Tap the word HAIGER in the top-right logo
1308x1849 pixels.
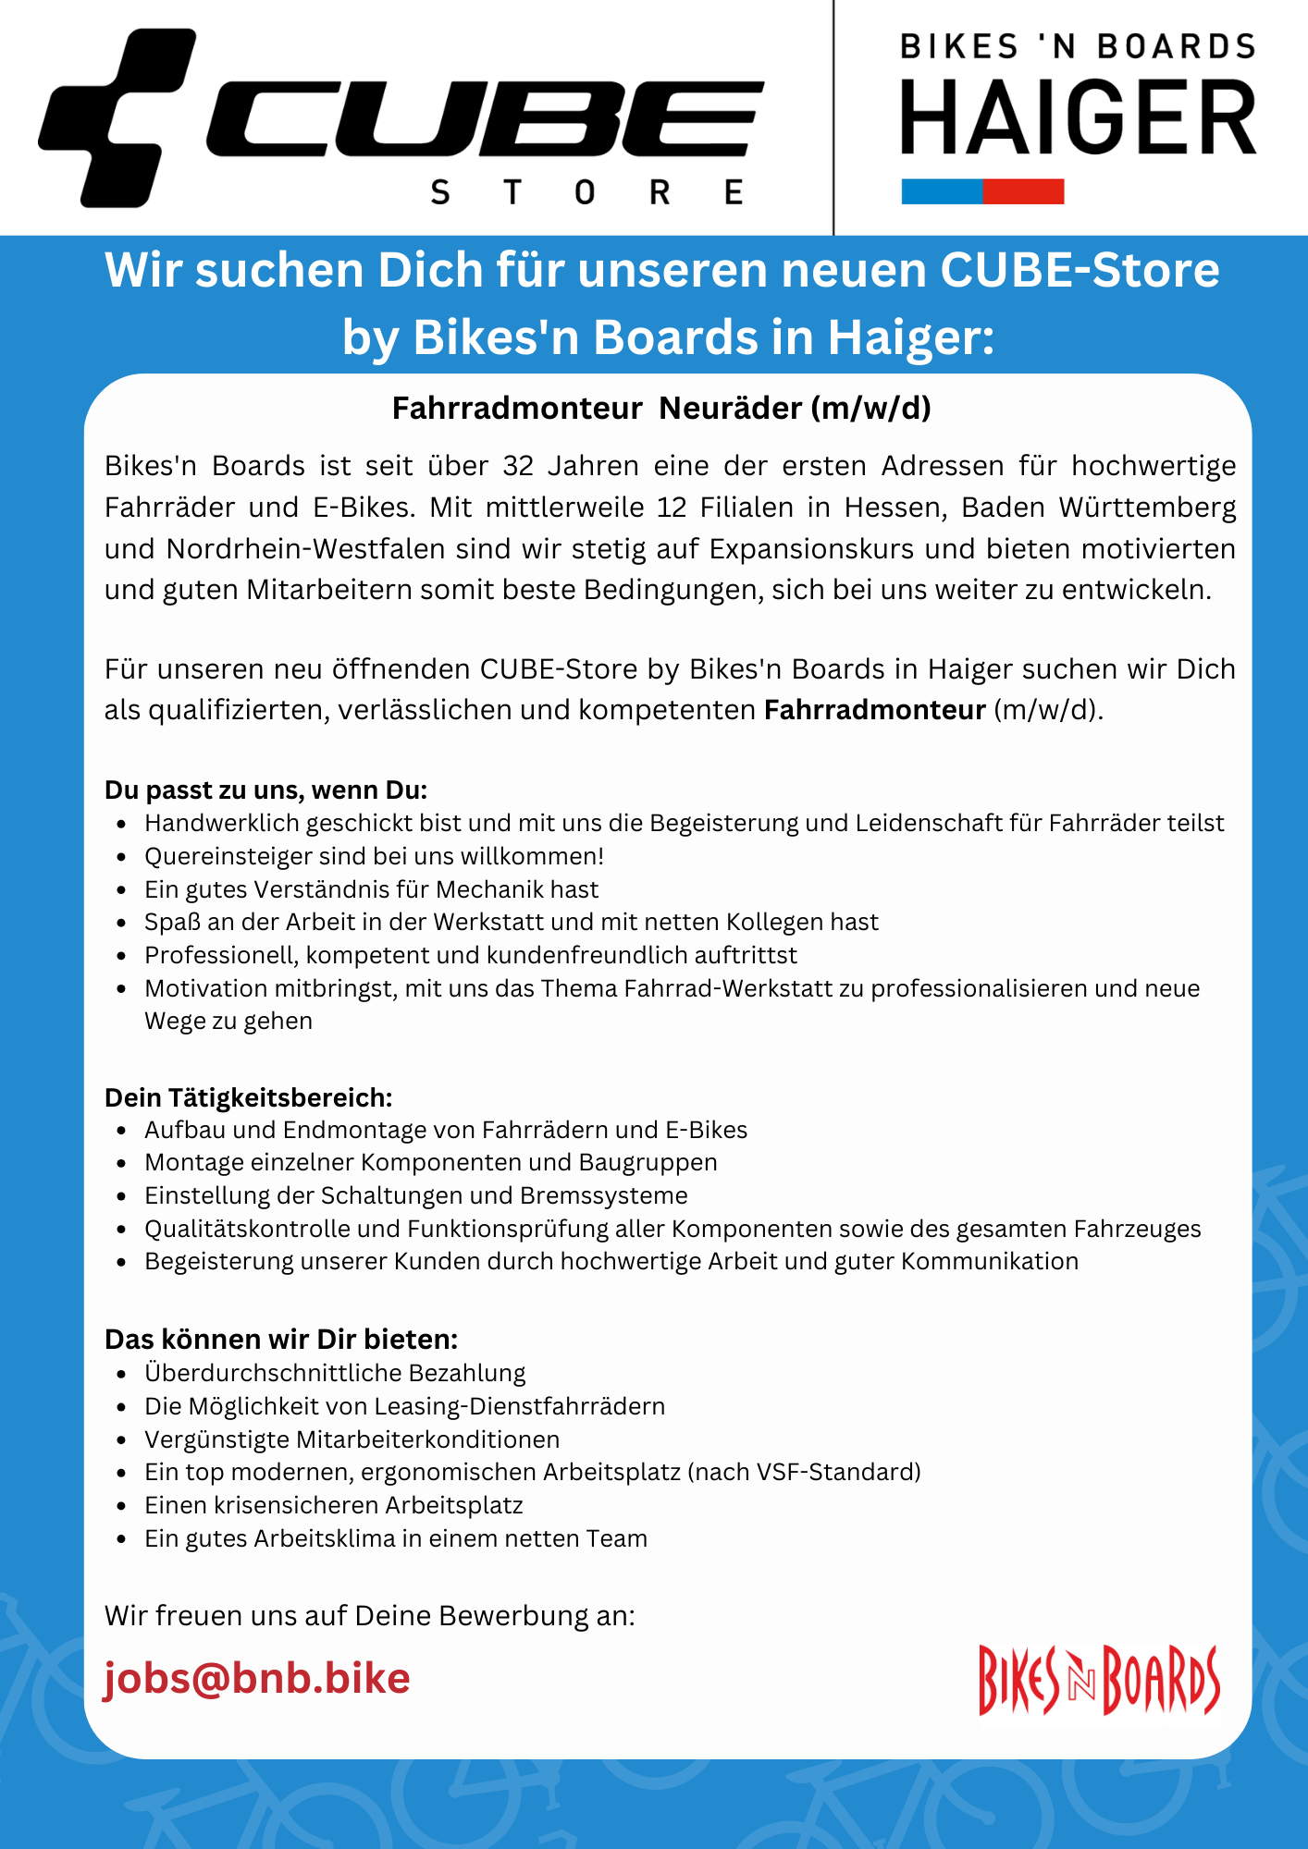click(1079, 118)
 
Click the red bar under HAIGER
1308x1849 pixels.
click(1023, 191)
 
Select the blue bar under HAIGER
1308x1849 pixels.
click(942, 191)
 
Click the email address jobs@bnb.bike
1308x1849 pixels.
click(256, 1678)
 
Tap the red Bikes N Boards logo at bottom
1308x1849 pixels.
click(1099, 1680)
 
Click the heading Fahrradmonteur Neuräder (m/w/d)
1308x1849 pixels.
click(661, 408)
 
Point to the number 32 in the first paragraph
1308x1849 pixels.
click(518, 465)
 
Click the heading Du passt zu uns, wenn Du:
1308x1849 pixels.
click(265, 790)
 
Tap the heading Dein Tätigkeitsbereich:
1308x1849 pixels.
click(249, 1097)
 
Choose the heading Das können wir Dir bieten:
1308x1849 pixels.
click(281, 1339)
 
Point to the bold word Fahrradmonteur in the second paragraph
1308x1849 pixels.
click(874, 710)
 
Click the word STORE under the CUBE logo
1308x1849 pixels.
click(586, 192)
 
